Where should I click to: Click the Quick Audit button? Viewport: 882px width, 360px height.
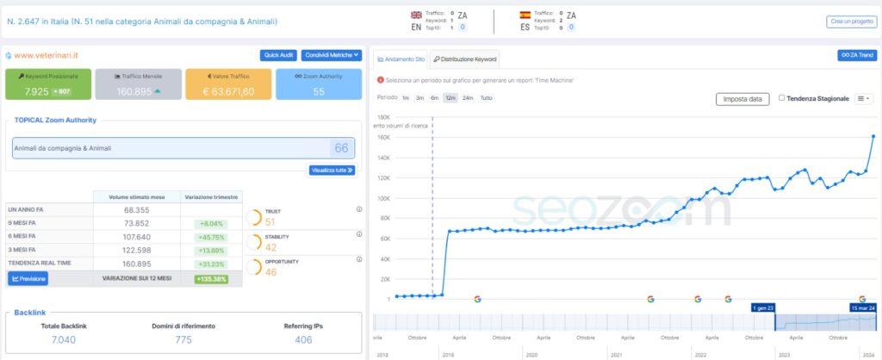pyautogui.click(x=279, y=55)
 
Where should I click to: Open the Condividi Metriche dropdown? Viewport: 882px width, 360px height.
pyautogui.click(x=331, y=55)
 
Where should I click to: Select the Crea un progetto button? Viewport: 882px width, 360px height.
pyautogui.click(x=852, y=21)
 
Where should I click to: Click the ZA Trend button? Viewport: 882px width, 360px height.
pyautogui.click(x=857, y=55)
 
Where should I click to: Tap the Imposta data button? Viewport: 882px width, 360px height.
pyautogui.click(x=742, y=99)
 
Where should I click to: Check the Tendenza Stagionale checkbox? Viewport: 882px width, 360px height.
pyautogui.click(x=781, y=98)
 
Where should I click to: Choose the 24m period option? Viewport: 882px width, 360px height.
pyautogui.click(x=468, y=98)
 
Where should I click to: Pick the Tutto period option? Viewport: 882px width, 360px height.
pyautogui.click(x=487, y=98)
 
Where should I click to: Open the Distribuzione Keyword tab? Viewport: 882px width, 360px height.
pyautogui.click(x=465, y=59)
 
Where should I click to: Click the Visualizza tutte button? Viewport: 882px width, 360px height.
pyautogui.click(x=332, y=170)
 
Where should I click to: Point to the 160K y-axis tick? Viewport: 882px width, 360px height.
pyautogui.click(x=384, y=137)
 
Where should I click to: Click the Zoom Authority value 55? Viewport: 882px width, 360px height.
pyautogui.click(x=319, y=91)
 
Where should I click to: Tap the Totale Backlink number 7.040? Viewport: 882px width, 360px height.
pyautogui.click(x=65, y=340)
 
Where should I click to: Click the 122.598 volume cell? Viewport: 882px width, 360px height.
pyautogui.click(x=137, y=249)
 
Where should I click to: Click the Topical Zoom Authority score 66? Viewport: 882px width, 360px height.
pyautogui.click(x=341, y=148)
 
